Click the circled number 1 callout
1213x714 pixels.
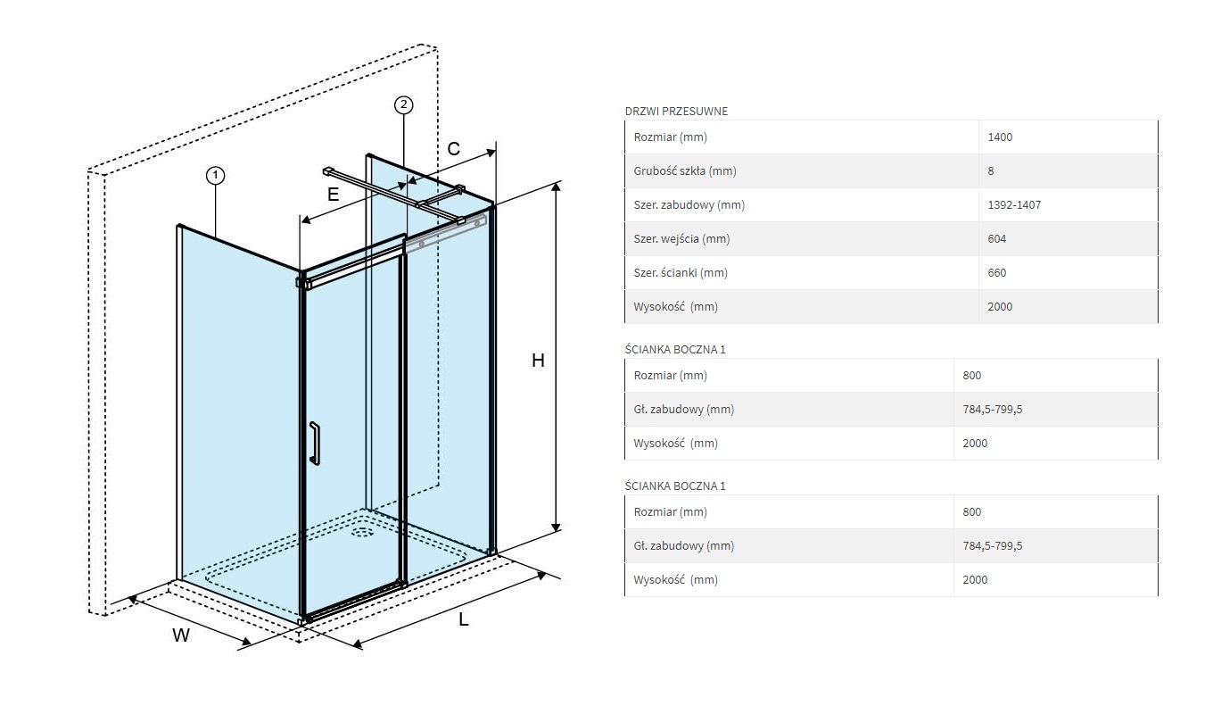click(216, 176)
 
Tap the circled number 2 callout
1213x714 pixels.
click(403, 104)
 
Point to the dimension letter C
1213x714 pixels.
click(453, 149)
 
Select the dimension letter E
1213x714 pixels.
click(333, 194)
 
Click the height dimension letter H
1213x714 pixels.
click(538, 361)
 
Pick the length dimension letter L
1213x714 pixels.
click(464, 619)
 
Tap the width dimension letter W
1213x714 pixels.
click(181, 635)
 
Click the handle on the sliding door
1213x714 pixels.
click(315, 444)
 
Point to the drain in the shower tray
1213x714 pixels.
click(362, 531)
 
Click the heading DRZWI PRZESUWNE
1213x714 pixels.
click(676, 111)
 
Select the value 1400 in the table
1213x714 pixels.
click(1000, 137)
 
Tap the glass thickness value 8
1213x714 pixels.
click(991, 171)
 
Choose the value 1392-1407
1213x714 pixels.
click(1014, 204)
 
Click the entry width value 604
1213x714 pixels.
click(997, 239)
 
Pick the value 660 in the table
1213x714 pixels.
click(997, 272)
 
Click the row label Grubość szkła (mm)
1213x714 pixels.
click(685, 171)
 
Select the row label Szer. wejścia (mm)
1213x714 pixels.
click(681, 239)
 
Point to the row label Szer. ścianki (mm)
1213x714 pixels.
click(681, 272)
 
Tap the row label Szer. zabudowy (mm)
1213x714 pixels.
click(689, 204)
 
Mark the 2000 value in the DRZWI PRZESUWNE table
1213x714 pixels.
click(1000, 307)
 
